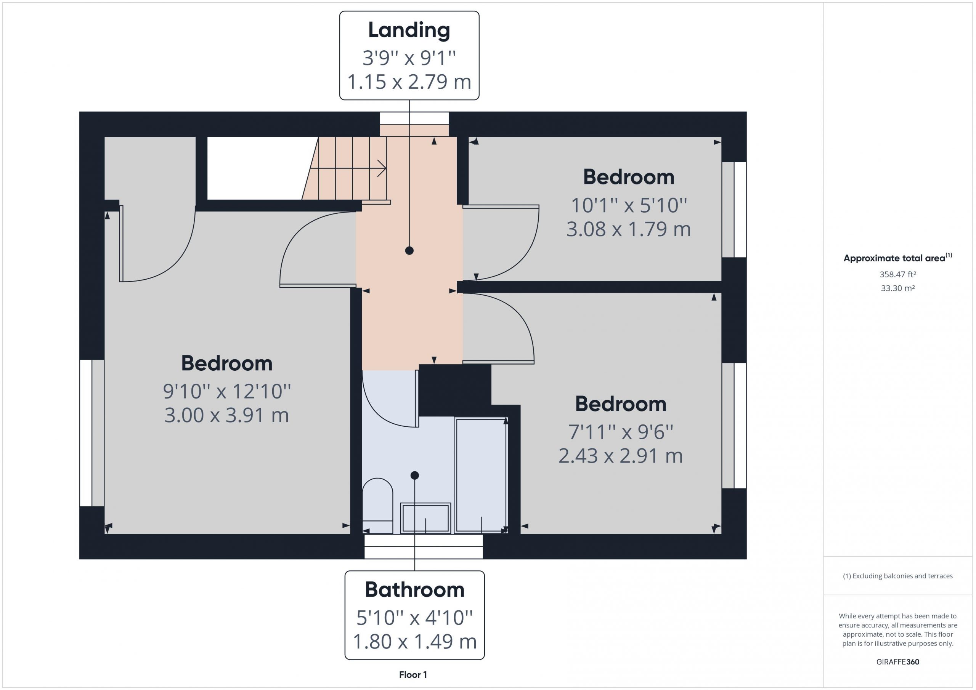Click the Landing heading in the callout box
(409, 30)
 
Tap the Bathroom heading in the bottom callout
(414, 590)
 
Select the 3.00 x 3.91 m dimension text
(226, 415)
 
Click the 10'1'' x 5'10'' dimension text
(629, 205)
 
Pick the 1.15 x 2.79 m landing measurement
(409, 82)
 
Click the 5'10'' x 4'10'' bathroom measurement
(414, 617)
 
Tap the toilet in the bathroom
(377, 506)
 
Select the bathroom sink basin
(425, 518)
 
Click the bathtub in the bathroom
(481, 475)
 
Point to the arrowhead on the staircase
(382, 168)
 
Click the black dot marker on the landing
(409, 251)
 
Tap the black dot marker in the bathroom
(415, 475)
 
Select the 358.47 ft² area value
(898, 274)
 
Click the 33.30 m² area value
(898, 288)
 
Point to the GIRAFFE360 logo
(898, 662)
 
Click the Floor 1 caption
(413, 675)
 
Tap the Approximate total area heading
(898, 258)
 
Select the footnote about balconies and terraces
(898, 576)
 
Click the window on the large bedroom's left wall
(92, 433)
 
